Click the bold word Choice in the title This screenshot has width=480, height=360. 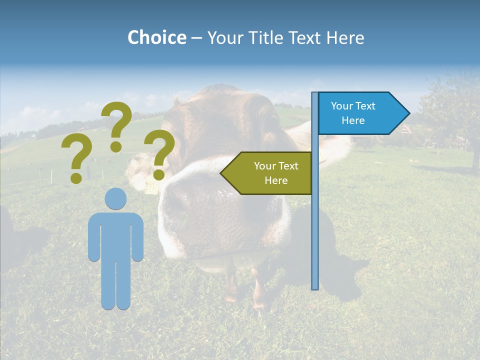[x=156, y=37]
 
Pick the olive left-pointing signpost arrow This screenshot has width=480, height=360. [x=267, y=173]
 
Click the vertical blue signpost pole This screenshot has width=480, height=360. [x=314, y=225]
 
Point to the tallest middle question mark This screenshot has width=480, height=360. [x=116, y=125]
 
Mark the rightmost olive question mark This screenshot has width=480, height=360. [x=159, y=154]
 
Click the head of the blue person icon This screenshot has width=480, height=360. [x=115, y=198]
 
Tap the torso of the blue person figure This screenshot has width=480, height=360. [x=115, y=235]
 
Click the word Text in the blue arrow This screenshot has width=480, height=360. [x=365, y=106]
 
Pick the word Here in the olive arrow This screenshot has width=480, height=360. [x=276, y=180]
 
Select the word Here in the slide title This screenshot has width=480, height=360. [x=345, y=37]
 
